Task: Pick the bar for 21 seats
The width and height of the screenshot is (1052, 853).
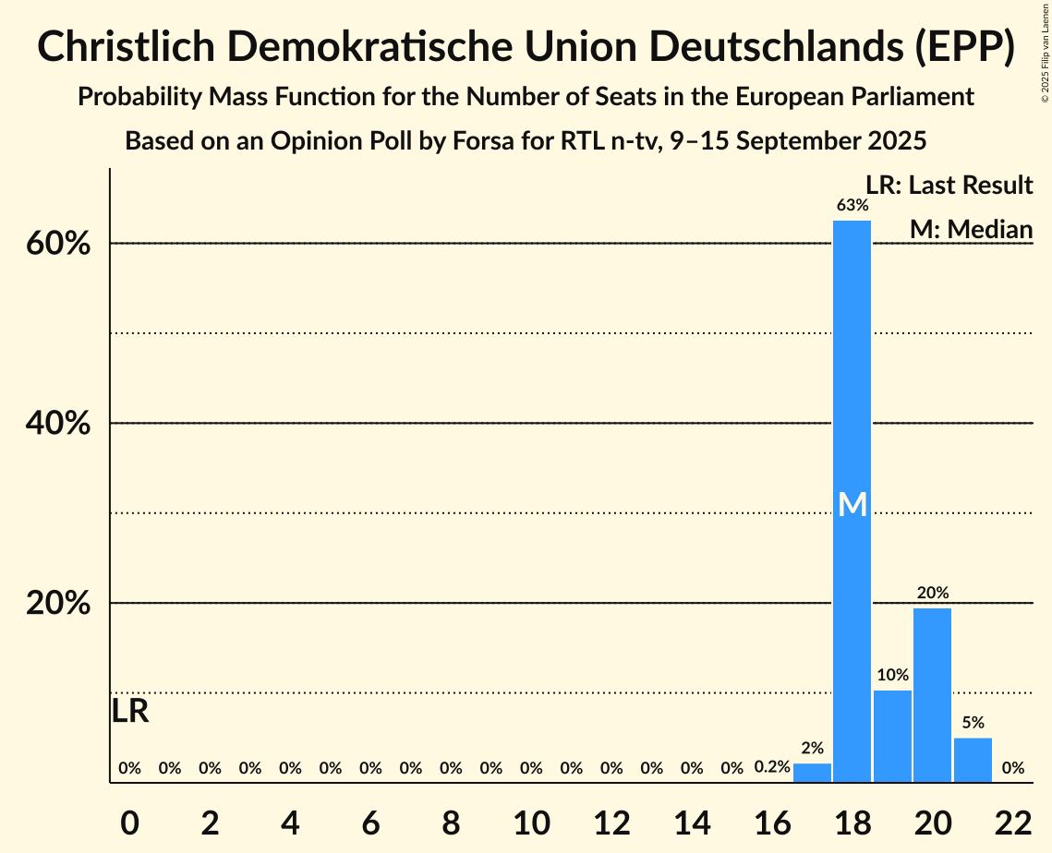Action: pos(973,760)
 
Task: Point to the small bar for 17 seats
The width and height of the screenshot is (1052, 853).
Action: pos(812,773)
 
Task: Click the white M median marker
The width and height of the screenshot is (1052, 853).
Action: pos(852,504)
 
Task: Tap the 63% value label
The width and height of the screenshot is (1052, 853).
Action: pos(852,205)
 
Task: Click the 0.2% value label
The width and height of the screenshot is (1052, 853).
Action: pos(772,767)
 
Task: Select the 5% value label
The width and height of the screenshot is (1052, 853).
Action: pos(973,723)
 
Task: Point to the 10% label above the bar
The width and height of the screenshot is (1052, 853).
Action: pos(892,675)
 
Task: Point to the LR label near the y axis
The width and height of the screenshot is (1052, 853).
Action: pos(130,712)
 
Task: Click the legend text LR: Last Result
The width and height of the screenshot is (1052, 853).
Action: pos(949,186)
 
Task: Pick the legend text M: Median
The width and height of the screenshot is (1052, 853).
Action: pos(971,228)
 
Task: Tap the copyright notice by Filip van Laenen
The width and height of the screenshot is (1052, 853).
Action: pos(1045,52)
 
